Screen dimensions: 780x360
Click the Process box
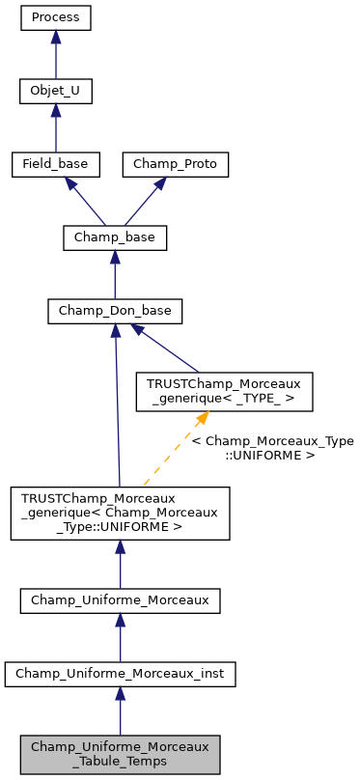56,17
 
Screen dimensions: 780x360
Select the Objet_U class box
56,91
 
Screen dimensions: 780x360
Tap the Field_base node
56,164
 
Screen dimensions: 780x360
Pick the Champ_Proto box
176,164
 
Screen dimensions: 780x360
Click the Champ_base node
115,237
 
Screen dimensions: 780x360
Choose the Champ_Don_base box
115,311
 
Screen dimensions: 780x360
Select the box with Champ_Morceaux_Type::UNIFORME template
120,512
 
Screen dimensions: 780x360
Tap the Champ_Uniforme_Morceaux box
120,600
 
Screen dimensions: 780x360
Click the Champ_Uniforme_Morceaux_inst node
120,674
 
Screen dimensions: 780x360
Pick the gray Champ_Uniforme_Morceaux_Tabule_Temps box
120,754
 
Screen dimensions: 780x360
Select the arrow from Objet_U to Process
56,55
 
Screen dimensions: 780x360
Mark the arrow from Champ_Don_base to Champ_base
115,275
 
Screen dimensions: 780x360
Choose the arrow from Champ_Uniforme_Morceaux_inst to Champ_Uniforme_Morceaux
120,638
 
